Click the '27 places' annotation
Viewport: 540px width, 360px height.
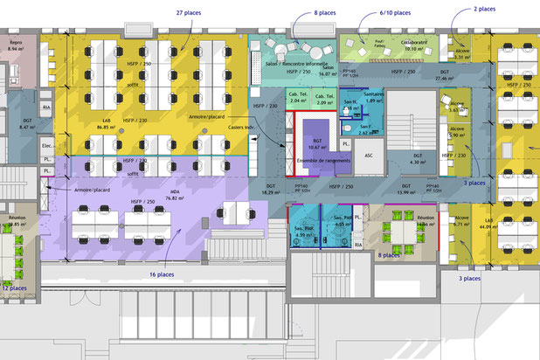[190, 14]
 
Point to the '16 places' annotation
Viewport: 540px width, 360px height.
[163, 274]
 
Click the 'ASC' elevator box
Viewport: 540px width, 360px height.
[369, 156]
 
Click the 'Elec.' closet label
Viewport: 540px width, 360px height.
[46, 146]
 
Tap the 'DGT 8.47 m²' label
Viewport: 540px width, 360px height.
[26, 123]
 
